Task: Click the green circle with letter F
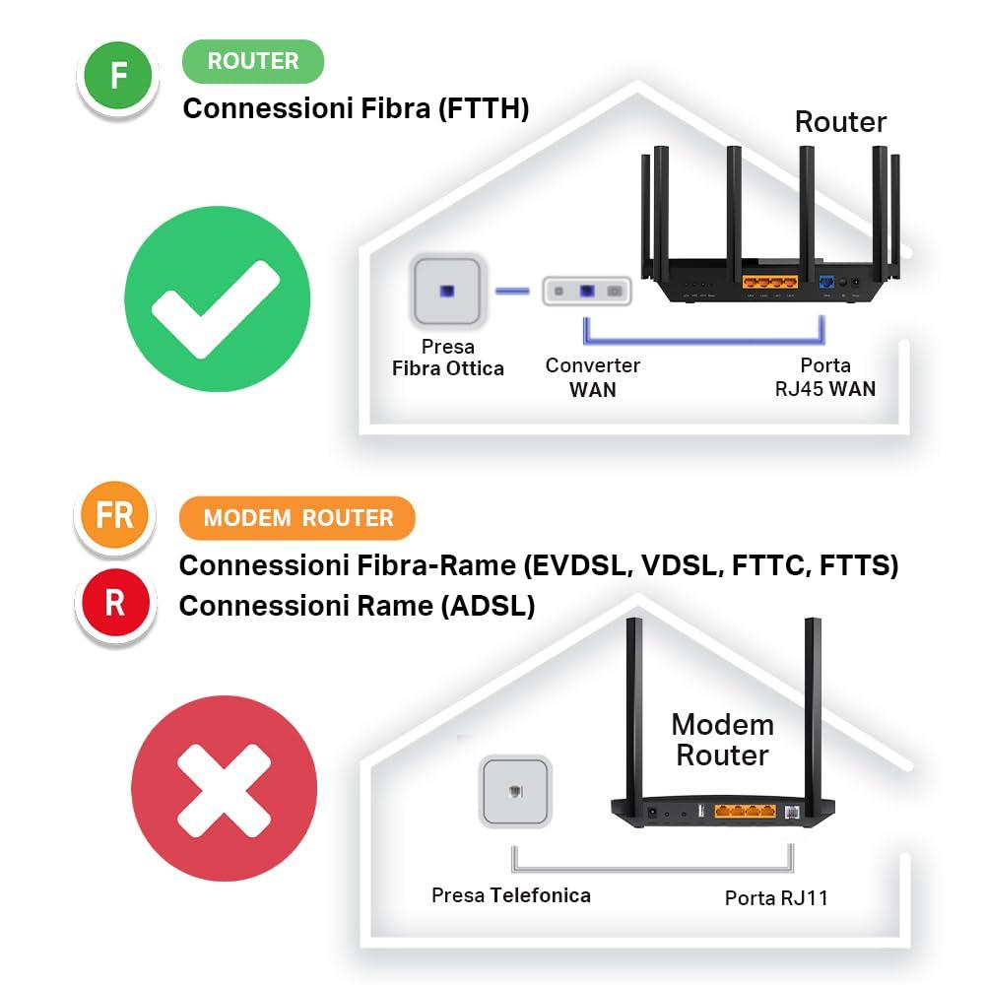pos(118,76)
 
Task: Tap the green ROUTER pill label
pos(253,61)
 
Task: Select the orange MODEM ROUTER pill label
pos(297,518)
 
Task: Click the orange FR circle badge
pos(114,515)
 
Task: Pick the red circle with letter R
pos(114,603)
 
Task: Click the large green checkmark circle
pos(217,298)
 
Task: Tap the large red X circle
pos(224,789)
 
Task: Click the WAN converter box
pos(586,292)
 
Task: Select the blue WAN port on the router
pos(825,284)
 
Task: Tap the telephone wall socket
pos(515,791)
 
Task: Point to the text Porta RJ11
pos(775,898)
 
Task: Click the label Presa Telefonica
pos(511,895)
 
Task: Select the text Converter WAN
pos(593,377)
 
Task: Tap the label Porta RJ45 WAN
pos(824,377)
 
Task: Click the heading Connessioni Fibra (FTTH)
pos(356,108)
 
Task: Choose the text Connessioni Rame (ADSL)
pos(357,606)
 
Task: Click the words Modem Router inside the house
pos(722,741)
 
